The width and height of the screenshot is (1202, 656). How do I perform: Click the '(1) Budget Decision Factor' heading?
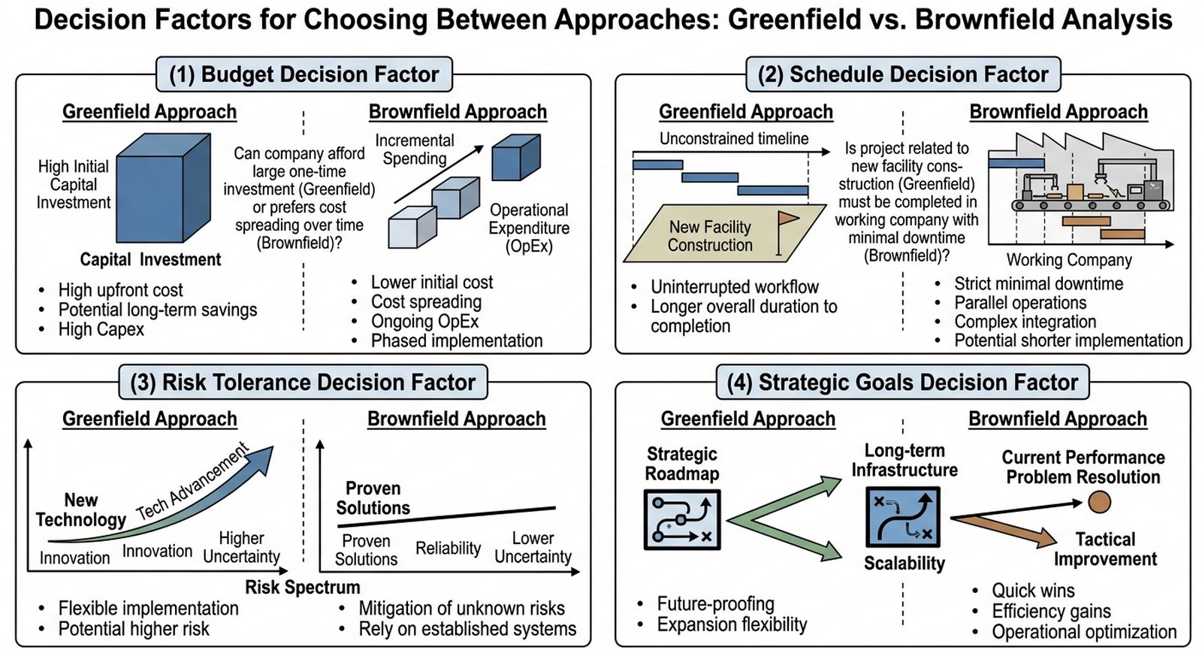click(x=304, y=74)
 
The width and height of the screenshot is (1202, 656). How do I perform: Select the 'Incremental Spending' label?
click(x=415, y=150)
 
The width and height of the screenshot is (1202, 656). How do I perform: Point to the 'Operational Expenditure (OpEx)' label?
click(x=529, y=228)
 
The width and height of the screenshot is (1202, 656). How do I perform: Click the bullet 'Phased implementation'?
click(x=456, y=340)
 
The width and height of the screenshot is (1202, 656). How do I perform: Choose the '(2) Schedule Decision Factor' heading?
click(x=902, y=74)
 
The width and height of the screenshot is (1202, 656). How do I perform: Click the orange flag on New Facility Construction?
click(x=787, y=219)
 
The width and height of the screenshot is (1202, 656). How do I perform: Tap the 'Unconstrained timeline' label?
click(x=734, y=138)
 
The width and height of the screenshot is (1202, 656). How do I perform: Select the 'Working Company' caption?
click(x=1069, y=260)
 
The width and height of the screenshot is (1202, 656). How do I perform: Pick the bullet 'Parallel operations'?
click(x=1020, y=302)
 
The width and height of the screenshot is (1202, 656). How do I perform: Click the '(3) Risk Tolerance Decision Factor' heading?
click(x=303, y=382)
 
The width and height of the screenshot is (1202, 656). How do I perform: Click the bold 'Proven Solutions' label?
click(x=373, y=498)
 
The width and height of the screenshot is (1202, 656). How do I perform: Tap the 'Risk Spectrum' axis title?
click(x=303, y=587)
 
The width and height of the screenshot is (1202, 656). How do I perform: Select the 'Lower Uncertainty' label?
click(x=533, y=548)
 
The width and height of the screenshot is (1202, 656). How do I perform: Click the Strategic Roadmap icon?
click(x=682, y=519)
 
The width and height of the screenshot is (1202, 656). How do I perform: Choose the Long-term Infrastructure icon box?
click(x=903, y=517)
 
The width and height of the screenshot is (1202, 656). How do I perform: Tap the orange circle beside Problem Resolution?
click(x=1099, y=502)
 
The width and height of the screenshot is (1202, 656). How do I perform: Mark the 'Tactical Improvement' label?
click(x=1105, y=549)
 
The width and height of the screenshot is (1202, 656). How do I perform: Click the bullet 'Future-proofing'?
click(x=715, y=603)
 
